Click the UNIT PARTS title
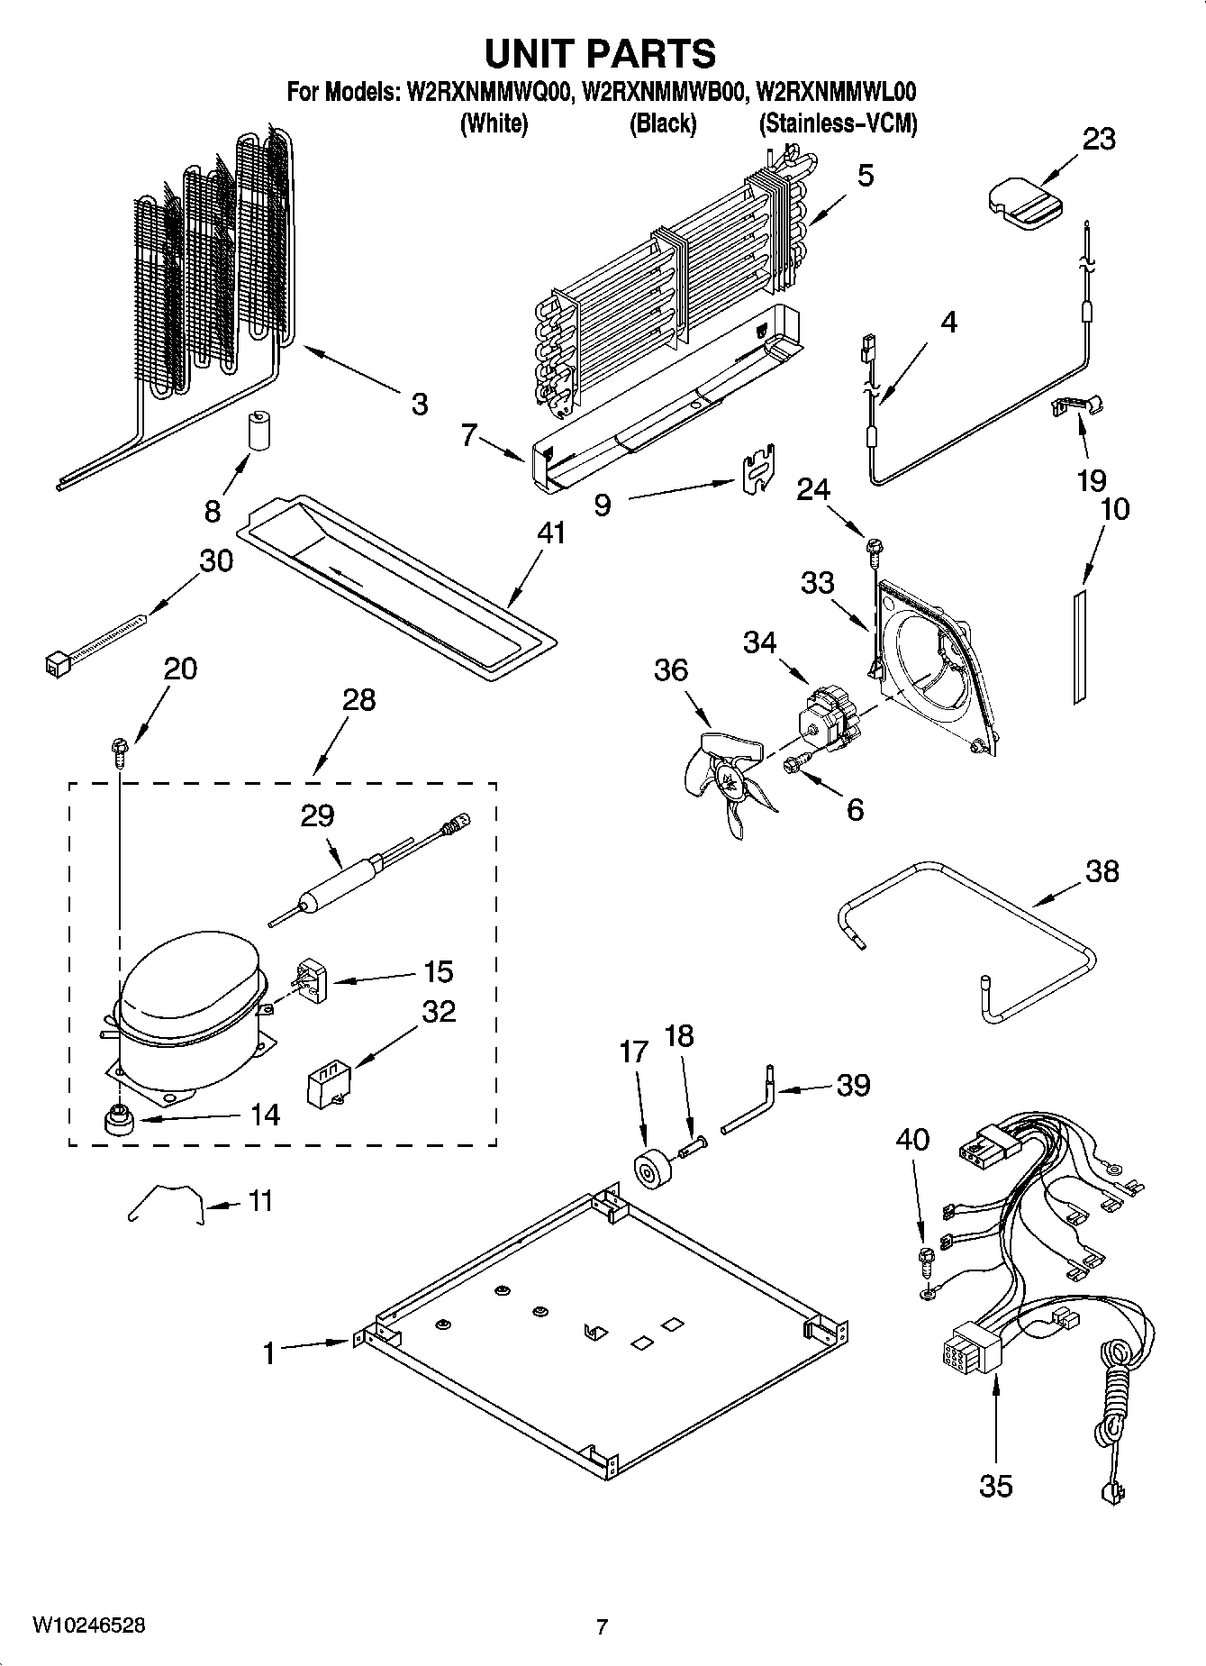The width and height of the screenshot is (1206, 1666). point(601,54)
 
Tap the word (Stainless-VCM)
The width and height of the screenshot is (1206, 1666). point(838,123)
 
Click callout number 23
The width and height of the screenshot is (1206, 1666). point(1098,139)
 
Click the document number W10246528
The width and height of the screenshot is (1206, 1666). point(88,1625)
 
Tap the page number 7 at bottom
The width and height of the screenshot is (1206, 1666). point(602,1626)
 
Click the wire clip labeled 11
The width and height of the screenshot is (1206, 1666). point(167,1204)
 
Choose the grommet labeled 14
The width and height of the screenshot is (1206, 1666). point(116,1121)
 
